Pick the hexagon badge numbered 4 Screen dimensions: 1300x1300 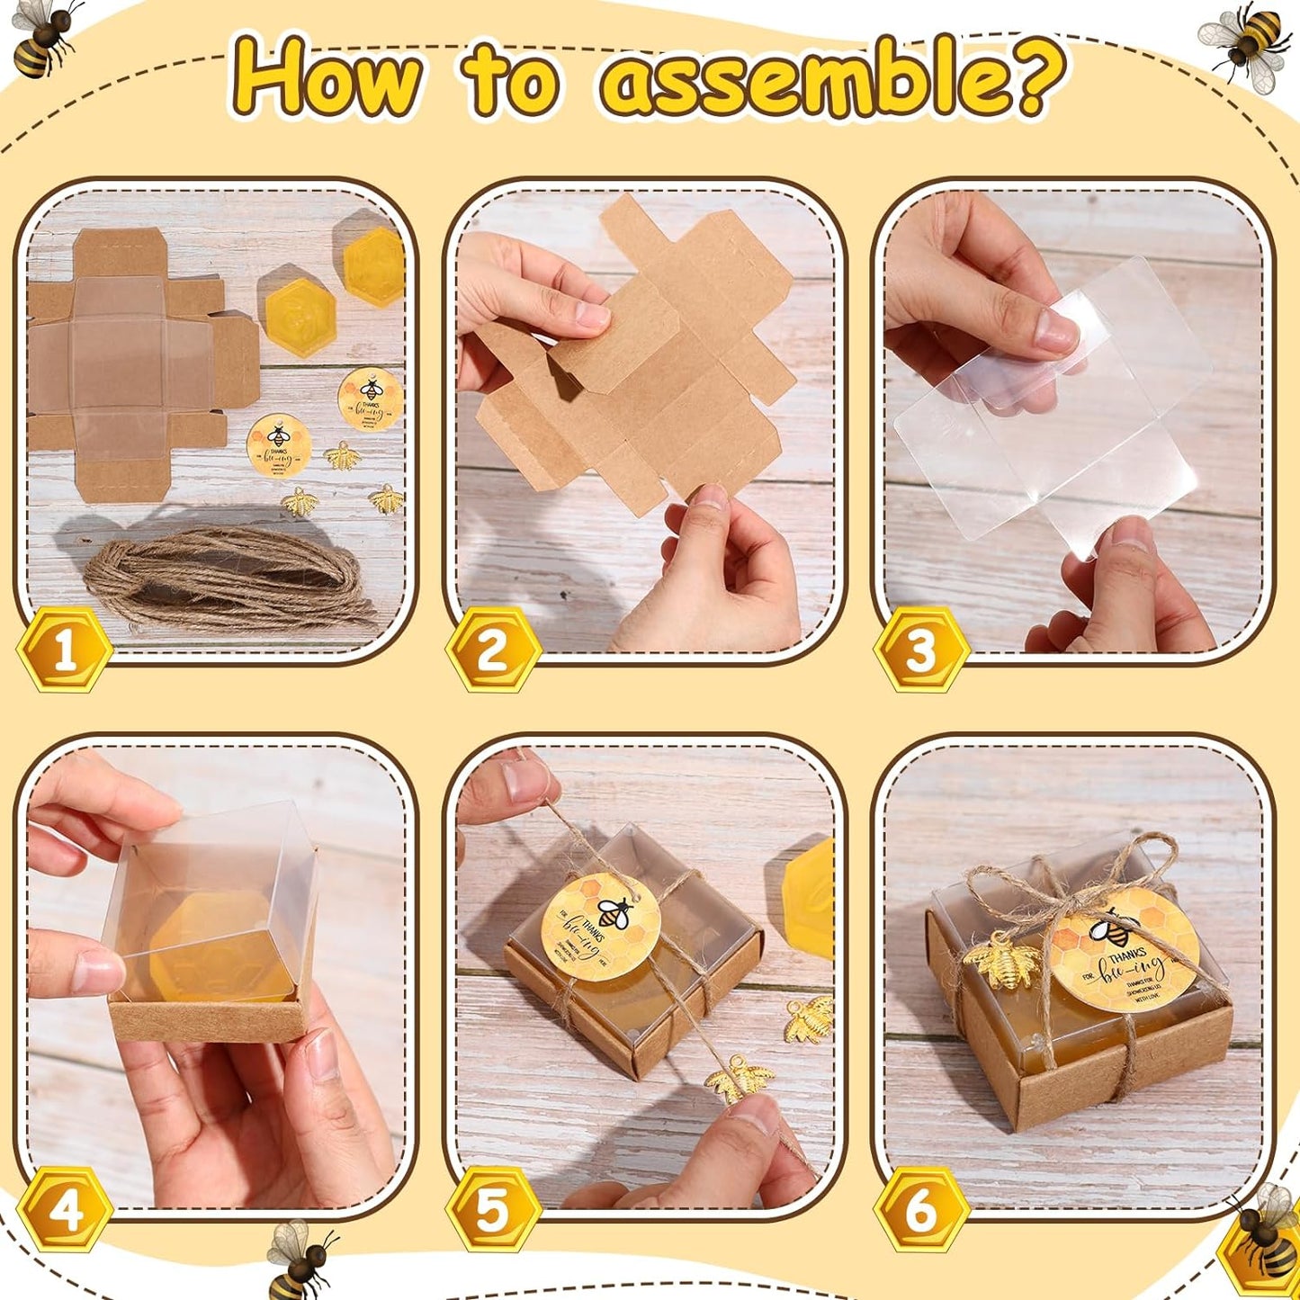pos(65,1208)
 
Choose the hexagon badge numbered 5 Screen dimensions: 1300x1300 pos(493,1208)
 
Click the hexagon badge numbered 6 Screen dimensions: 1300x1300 pos(920,1208)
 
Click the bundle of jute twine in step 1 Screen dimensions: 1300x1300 pos(225,576)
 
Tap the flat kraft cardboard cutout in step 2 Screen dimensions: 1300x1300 pos(648,369)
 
